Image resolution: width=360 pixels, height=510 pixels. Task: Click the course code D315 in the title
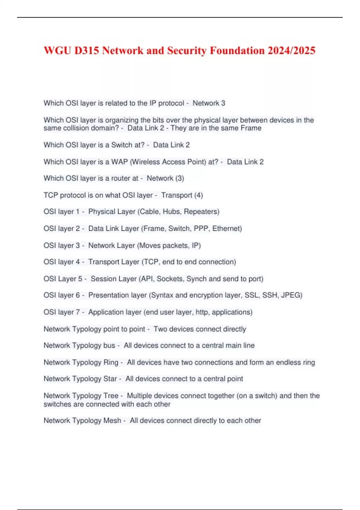86,50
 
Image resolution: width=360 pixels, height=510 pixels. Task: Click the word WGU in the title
58,50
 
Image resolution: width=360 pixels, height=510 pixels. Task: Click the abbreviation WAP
119,162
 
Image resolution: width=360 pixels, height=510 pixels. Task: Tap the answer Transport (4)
182,195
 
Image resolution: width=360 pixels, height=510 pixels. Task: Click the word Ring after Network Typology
111,362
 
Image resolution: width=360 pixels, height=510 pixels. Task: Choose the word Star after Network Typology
110,379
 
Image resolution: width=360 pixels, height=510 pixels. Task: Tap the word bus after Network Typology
109,346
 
